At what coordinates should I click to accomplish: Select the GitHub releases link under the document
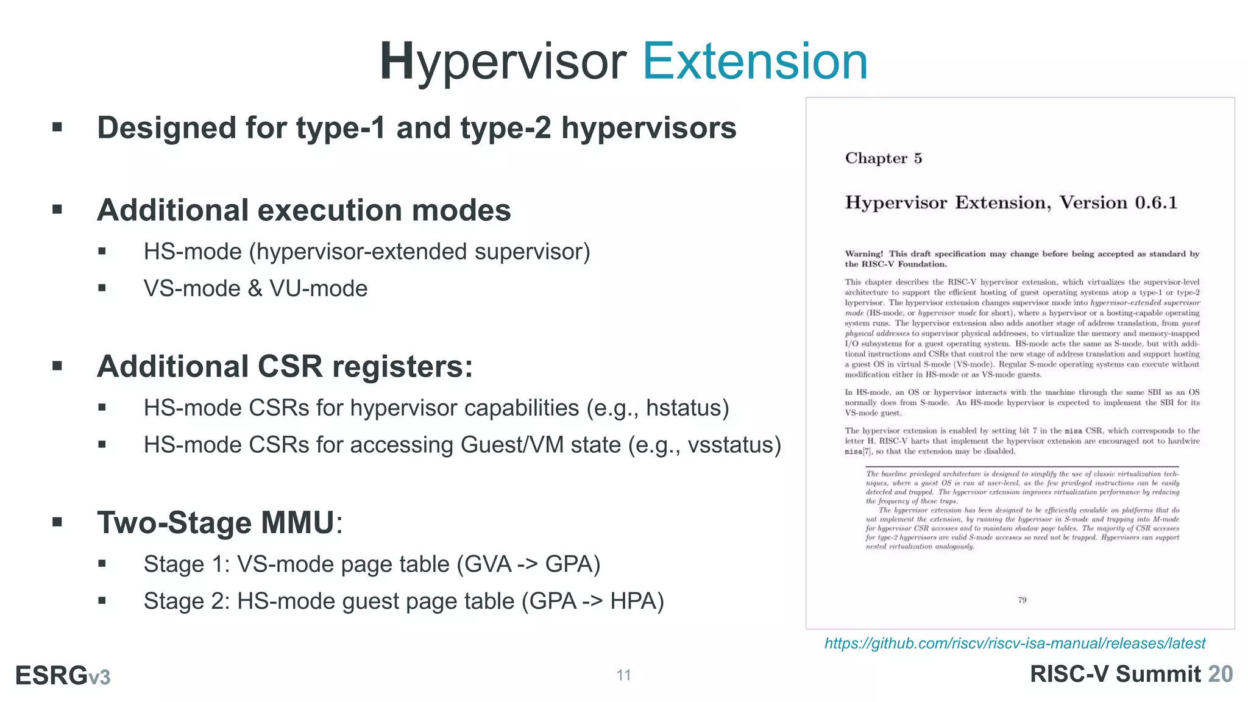click(1015, 643)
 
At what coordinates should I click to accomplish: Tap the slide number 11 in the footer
click(623, 675)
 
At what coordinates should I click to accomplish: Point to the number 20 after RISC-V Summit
click(1221, 674)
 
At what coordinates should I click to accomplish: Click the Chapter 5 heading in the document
click(883, 158)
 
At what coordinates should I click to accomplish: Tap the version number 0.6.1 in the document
click(1156, 202)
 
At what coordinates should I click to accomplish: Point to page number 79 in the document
click(1022, 600)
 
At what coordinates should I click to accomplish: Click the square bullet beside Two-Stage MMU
click(57, 522)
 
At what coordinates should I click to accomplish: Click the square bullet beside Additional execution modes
click(57, 210)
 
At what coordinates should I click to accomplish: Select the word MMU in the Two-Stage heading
click(297, 523)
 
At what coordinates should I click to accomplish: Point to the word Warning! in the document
click(864, 254)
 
